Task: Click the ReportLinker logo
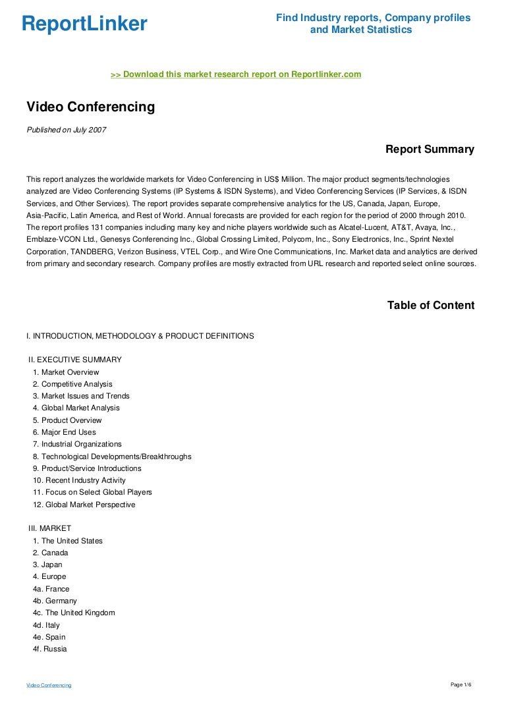(84, 24)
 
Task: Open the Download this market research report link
(236, 74)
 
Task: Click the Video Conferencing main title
(90, 107)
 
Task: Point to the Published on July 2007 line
(66, 130)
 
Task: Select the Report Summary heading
(430, 150)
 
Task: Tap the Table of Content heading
(430, 305)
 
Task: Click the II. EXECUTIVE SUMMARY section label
(74, 360)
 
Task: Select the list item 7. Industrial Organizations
(77, 444)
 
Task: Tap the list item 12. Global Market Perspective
(84, 505)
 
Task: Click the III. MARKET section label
(49, 528)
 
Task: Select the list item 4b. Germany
(55, 601)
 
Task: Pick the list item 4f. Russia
(49, 649)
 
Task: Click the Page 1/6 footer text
(461, 685)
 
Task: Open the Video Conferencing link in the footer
(49, 686)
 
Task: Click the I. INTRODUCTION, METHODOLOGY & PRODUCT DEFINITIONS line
(140, 336)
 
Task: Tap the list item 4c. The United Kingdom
(74, 613)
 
